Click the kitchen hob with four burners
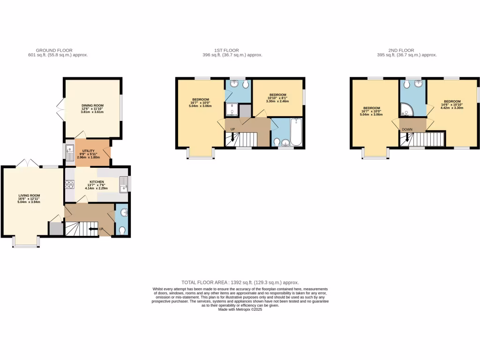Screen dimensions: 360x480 click(69, 184)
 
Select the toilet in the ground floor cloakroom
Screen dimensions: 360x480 click(122, 230)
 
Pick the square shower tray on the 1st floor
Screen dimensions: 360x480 click(232, 110)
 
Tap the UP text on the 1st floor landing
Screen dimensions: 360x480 click(233, 129)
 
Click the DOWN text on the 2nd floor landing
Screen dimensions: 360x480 click(407, 129)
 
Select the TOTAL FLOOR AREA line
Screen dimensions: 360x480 click(240, 283)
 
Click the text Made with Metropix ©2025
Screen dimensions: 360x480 click(240, 309)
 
